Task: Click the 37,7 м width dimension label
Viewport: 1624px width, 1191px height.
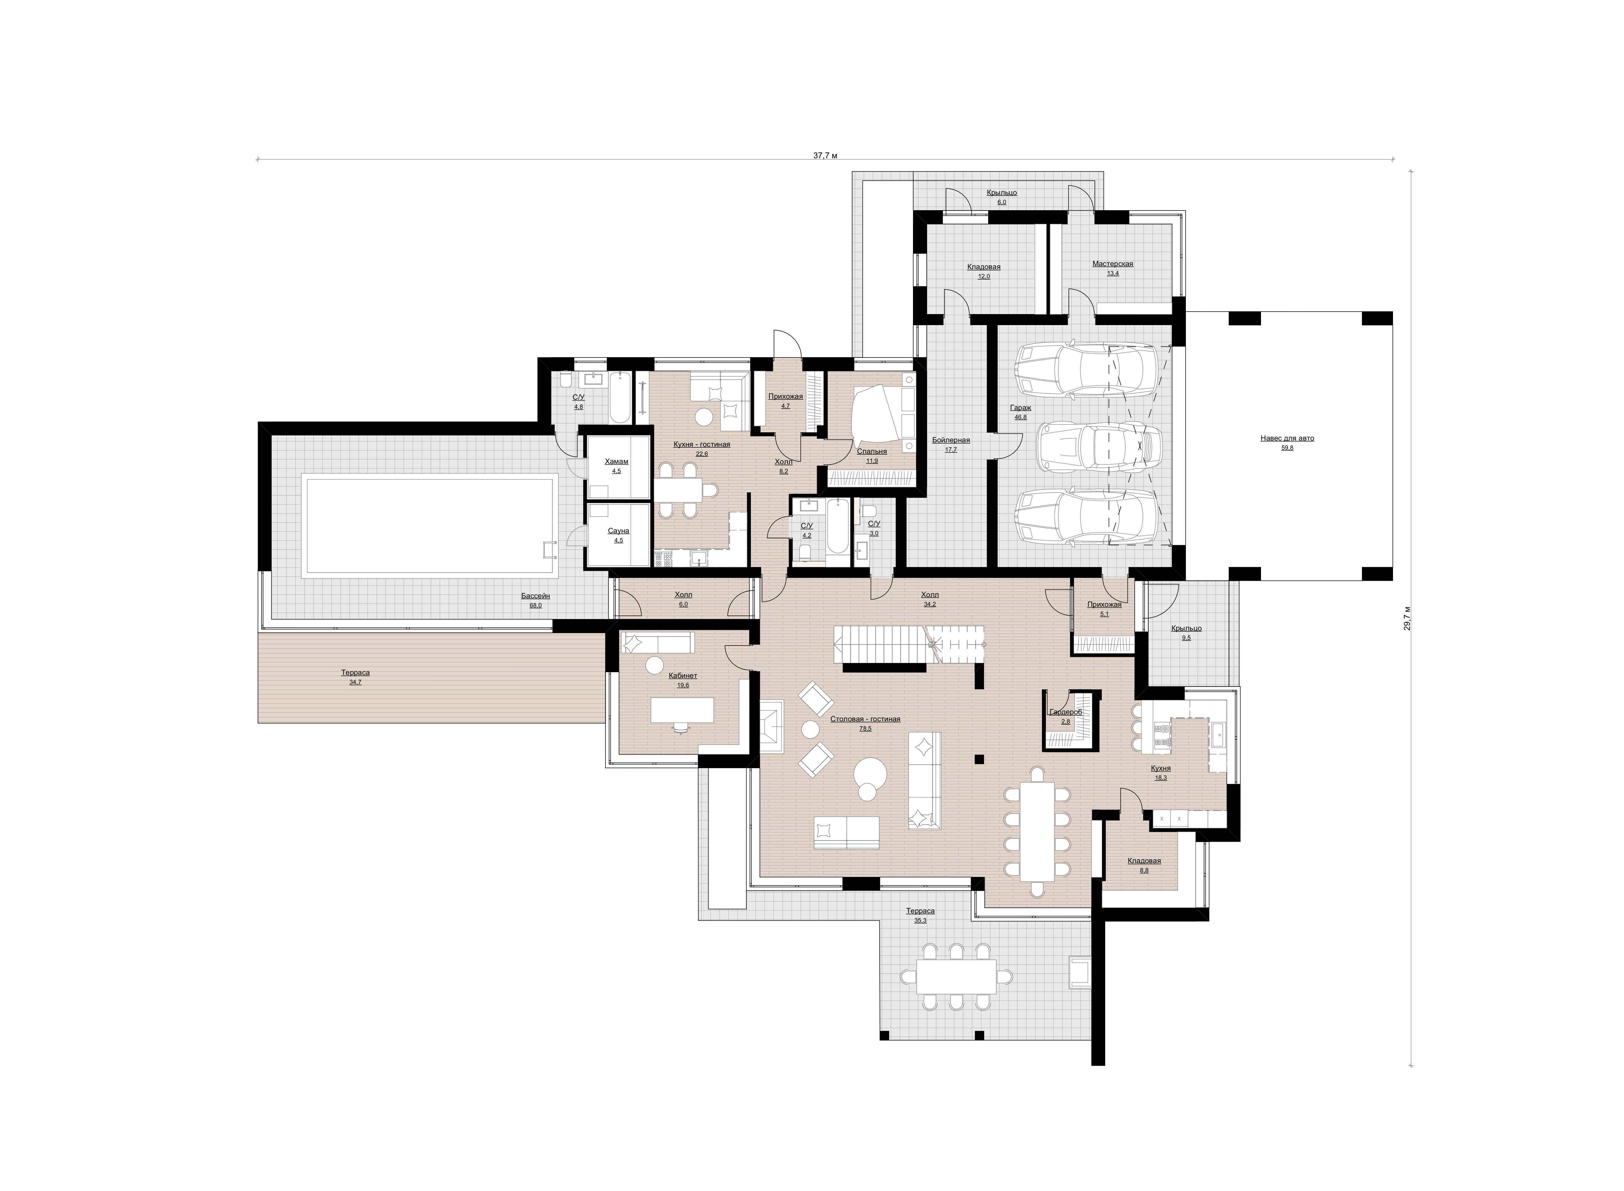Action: point(825,155)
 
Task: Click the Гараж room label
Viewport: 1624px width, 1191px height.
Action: point(1021,407)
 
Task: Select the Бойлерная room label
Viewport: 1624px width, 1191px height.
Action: point(951,440)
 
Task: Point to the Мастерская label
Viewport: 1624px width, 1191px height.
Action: point(1112,264)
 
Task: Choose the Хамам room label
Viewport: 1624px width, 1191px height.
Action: point(616,461)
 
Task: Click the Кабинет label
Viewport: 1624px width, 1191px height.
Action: point(683,676)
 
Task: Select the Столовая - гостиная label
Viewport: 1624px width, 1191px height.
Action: point(865,719)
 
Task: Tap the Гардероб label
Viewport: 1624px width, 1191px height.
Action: point(1065,712)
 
